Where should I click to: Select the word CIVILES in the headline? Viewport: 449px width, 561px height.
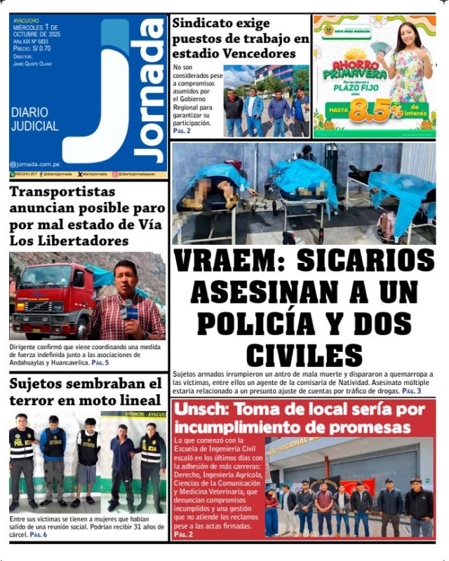click(x=304, y=355)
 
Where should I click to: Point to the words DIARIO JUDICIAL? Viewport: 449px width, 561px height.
click(x=34, y=120)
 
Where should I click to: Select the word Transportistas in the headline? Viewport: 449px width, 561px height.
click(x=62, y=192)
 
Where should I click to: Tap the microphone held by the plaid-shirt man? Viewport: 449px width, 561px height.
click(x=130, y=309)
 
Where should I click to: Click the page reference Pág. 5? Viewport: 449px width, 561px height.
click(x=100, y=363)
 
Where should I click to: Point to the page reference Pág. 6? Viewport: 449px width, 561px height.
click(x=39, y=535)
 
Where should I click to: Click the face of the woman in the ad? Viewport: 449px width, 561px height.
click(x=408, y=34)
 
